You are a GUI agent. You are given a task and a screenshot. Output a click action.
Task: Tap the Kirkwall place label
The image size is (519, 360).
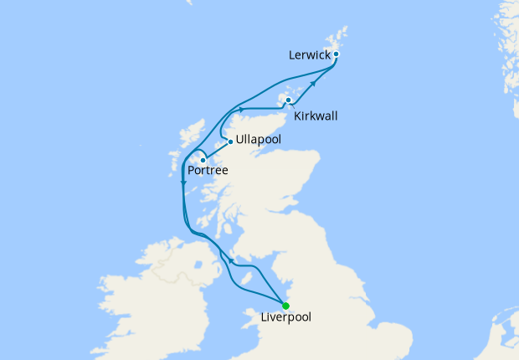tap(316, 116)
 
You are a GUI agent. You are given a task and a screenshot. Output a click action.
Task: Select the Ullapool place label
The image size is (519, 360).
tap(260, 139)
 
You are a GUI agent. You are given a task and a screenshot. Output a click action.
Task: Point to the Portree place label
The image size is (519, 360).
tap(207, 171)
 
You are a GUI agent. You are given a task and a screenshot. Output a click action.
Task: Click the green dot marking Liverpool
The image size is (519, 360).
tap(286, 305)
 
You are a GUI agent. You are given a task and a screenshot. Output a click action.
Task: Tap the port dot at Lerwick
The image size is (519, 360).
tap(336, 54)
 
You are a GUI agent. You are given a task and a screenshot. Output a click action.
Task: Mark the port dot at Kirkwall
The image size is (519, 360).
tap(289, 100)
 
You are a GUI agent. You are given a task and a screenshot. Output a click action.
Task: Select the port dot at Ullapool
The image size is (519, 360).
tap(230, 141)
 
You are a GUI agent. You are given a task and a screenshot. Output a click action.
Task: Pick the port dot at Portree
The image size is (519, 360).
tap(203, 159)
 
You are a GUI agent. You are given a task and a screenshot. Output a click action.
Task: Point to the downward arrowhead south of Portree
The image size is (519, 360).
tap(183, 183)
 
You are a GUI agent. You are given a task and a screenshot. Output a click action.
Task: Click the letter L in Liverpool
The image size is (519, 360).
tap(265, 318)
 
